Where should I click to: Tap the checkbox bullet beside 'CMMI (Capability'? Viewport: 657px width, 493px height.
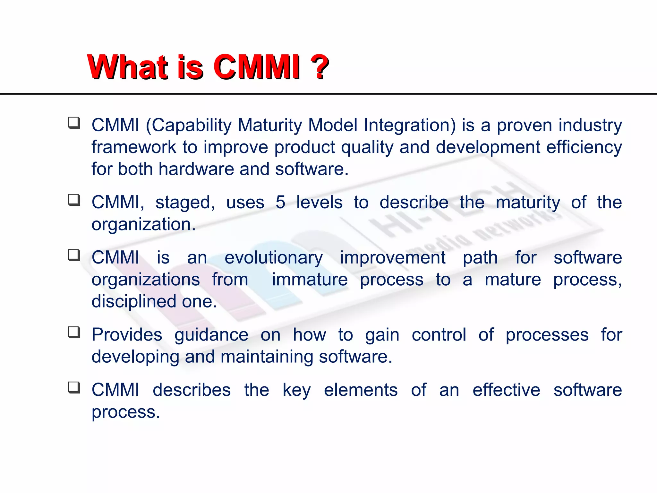pos(74,123)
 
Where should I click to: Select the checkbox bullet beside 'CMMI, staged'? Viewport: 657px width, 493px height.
pos(74,200)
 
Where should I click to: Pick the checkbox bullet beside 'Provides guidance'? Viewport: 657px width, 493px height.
pos(74,333)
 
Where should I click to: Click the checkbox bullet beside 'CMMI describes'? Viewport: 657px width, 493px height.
pos(74,388)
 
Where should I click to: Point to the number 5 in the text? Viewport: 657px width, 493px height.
pos(280,202)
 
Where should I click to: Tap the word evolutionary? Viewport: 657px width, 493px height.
pos(273,258)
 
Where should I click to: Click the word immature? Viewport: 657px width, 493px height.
pos(310,280)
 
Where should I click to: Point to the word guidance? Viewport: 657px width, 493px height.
pos(211,335)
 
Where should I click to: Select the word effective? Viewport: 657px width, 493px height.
pos(506,390)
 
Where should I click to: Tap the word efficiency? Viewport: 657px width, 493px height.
pos(584,148)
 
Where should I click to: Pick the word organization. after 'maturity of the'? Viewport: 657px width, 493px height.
pos(143,224)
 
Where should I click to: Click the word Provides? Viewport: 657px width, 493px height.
pos(127,335)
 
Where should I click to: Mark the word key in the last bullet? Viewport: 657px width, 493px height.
pos(296,391)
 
